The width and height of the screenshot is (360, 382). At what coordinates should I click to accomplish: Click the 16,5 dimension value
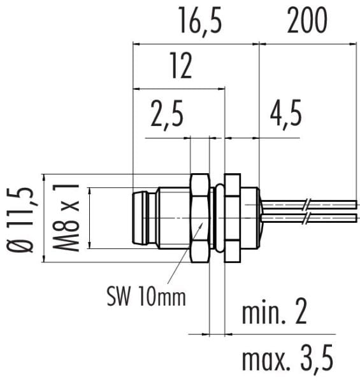click(x=201, y=22)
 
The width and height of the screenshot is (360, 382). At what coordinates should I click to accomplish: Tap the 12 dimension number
click(x=181, y=66)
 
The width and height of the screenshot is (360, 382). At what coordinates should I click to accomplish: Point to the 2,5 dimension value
click(x=167, y=115)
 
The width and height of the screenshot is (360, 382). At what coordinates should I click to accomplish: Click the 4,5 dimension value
click(x=286, y=115)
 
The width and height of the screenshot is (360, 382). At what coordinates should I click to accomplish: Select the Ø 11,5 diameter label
click(x=20, y=219)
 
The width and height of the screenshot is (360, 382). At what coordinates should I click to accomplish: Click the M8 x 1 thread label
click(x=66, y=218)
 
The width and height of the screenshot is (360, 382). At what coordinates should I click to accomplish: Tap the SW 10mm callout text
click(x=147, y=296)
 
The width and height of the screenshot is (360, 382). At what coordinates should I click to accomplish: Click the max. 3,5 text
click(x=287, y=358)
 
